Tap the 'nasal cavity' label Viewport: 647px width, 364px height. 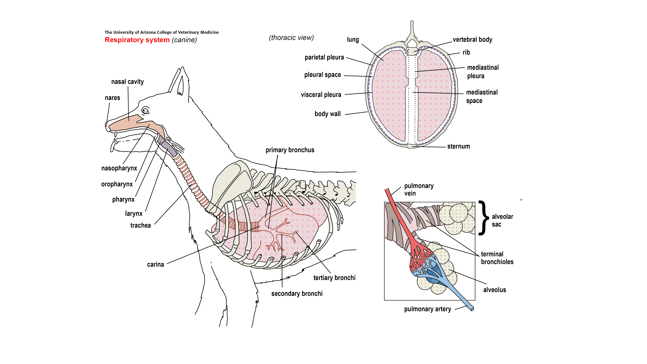point(127,82)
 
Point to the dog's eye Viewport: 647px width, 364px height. point(145,111)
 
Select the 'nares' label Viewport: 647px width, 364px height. point(112,98)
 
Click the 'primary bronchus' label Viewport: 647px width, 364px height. point(290,150)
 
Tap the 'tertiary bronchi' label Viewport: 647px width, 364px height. point(334,278)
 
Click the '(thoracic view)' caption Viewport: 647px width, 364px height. point(291,38)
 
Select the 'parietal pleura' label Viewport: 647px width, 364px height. point(324,57)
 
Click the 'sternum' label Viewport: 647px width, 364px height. point(458,146)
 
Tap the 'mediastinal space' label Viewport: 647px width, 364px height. point(482,96)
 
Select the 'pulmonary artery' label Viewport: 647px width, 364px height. point(427,309)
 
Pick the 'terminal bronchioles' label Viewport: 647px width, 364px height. point(497,258)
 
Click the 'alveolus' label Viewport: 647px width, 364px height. point(494,290)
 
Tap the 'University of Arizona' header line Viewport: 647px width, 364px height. point(162,32)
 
